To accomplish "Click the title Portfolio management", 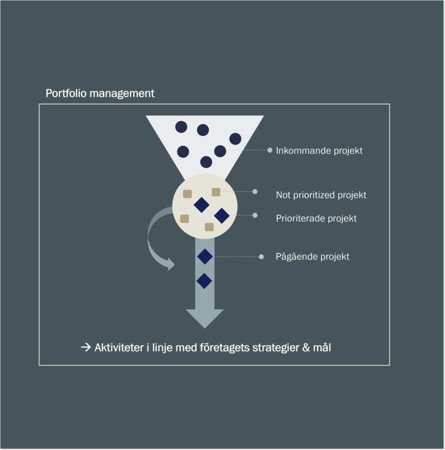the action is pos(100,93).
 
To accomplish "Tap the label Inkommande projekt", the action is pos(319,151).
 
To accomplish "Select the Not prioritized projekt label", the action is pos(321,195).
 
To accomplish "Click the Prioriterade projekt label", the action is pos(316,218).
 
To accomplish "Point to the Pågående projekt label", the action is pos(312,256).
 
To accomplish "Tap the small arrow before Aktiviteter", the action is pos(86,347).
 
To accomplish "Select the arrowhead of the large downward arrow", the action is pos(205,319).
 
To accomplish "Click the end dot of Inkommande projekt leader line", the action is pos(269,150).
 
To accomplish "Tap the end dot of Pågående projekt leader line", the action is pos(261,257).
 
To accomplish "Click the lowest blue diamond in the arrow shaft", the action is pos(205,281).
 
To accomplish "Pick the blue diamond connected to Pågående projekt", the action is pos(205,257).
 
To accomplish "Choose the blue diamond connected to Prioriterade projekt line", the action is pos(222,216).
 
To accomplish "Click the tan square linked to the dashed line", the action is pos(216,192).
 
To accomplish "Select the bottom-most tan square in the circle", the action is pos(209,227).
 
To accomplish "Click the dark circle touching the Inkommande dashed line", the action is pos(220,151).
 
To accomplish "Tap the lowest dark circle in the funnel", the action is pos(206,162).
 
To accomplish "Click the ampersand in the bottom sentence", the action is pos(306,348).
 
